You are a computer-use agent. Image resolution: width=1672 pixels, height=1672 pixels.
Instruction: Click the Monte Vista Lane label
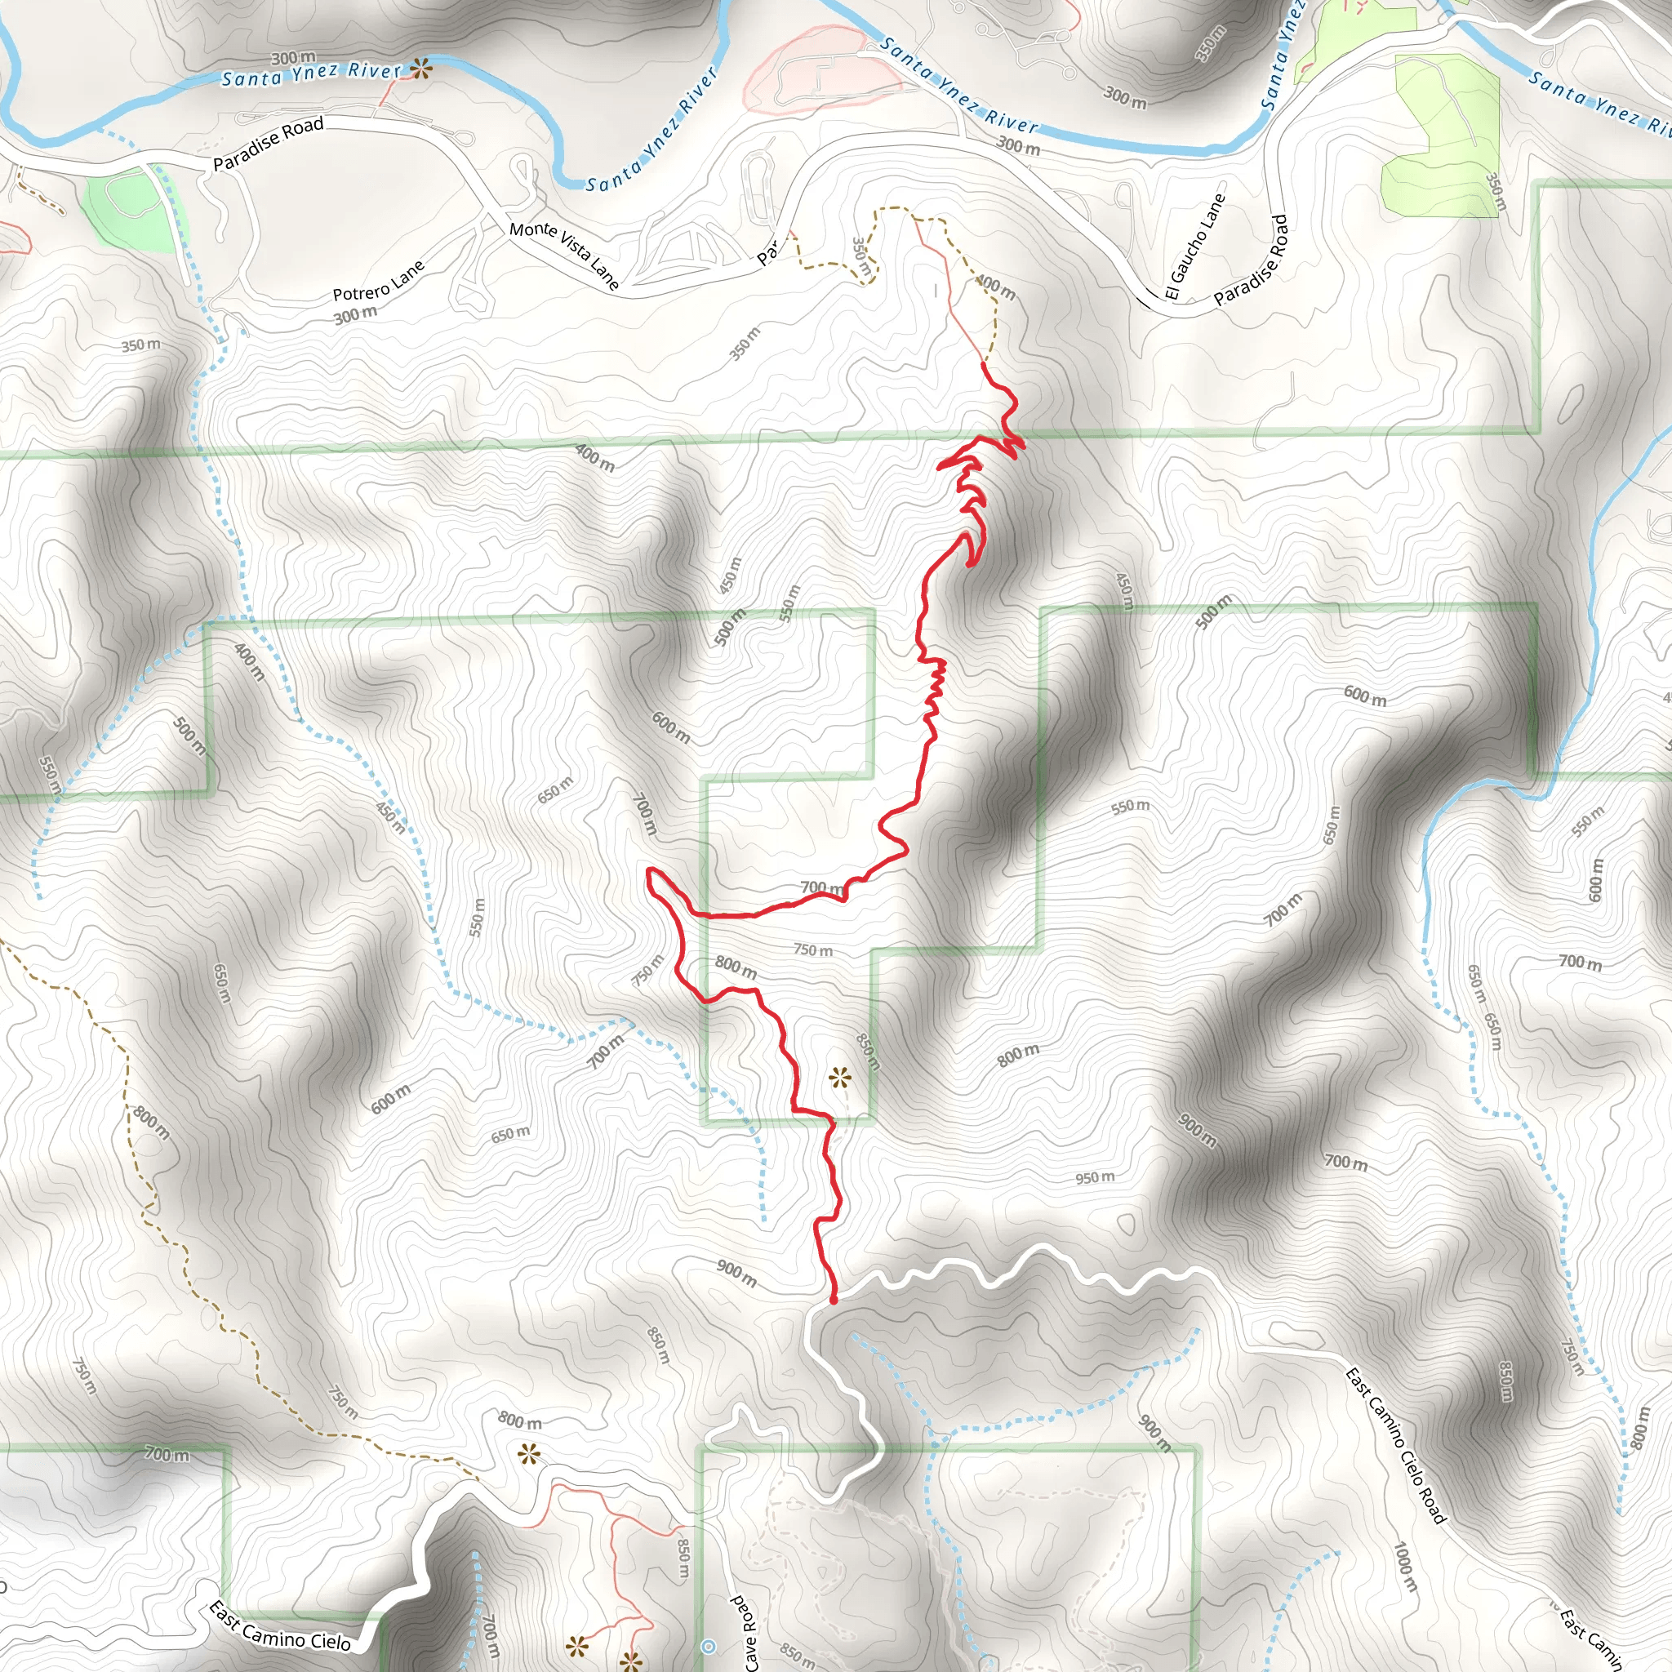coord(564,256)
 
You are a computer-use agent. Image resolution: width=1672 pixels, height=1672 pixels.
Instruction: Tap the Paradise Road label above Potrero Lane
coord(269,143)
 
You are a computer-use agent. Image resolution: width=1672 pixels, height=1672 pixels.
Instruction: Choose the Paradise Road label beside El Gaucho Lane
coord(1252,260)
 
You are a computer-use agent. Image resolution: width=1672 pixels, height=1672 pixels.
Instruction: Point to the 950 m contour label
coord(1095,1178)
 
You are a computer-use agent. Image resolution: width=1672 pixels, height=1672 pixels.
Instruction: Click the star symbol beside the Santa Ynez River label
coord(421,69)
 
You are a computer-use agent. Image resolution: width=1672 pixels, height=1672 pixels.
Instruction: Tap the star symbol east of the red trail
coord(838,1078)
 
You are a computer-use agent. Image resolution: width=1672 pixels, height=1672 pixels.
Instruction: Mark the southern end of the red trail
coord(834,1300)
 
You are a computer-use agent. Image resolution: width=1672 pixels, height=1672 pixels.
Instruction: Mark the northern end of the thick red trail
coord(984,364)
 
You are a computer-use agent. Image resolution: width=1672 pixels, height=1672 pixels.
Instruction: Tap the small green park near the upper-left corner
coord(130,211)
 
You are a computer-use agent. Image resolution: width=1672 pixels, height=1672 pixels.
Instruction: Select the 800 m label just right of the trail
coord(736,967)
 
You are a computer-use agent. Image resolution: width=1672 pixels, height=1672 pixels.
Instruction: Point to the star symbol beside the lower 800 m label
coord(529,1454)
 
